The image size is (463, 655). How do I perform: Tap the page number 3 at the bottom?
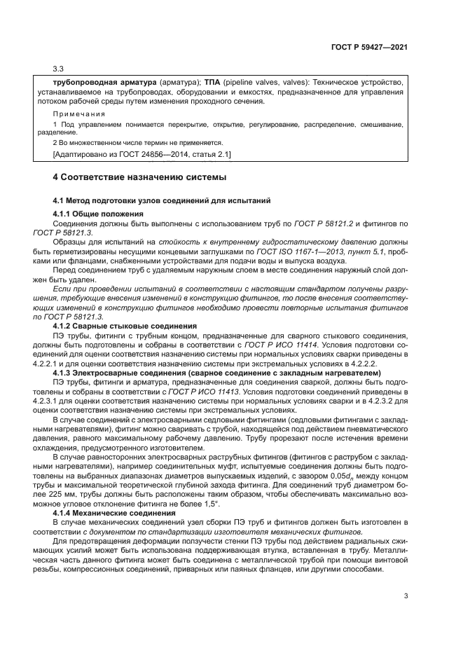click(x=406, y=596)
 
